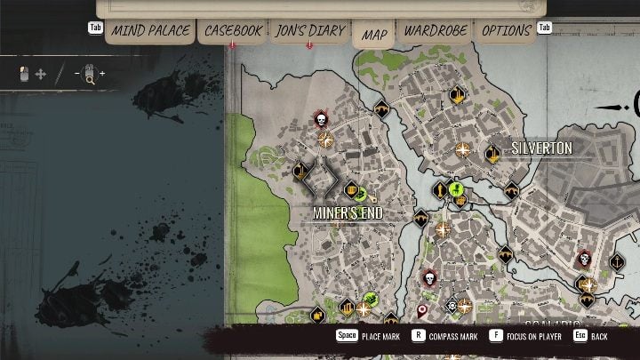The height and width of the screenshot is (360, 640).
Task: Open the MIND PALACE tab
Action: (150, 31)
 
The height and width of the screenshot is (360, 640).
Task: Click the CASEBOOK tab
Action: (233, 31)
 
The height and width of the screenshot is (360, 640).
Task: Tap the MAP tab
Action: (374, 35)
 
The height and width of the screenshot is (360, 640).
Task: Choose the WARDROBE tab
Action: (436, 31)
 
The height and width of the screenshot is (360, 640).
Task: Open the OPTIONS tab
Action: (506, 31)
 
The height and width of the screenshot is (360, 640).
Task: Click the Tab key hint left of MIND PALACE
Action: (95, 28)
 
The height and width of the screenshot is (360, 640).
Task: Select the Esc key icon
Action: (580, 336)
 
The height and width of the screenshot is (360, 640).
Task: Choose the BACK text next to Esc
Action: (600, 337)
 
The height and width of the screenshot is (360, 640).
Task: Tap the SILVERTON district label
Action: (540, 148)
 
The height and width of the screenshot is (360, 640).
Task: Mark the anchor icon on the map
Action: (615, 262)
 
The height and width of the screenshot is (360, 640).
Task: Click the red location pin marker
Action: (422, 310)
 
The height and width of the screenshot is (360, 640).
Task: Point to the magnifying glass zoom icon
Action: (89, 78)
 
